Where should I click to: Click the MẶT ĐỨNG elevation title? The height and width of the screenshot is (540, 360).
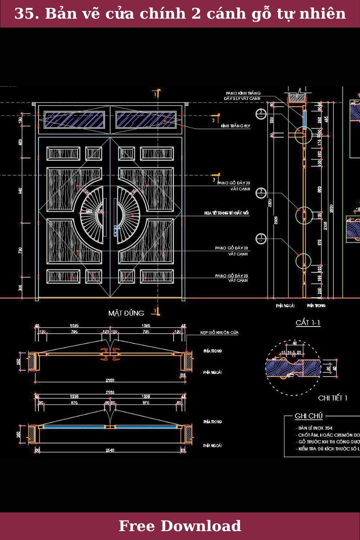126,313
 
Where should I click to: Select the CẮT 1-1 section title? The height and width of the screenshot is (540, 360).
308,323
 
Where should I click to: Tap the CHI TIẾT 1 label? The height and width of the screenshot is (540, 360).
332,398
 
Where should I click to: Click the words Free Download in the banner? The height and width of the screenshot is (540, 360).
180,526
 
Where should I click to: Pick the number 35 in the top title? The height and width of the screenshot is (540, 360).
24,14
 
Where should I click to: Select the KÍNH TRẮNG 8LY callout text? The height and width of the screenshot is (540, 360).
235,126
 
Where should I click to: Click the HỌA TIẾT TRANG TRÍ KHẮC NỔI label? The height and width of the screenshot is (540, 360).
227,213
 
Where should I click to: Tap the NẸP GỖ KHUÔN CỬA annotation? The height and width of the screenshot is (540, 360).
219,333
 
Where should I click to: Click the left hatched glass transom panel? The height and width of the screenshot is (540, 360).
74,120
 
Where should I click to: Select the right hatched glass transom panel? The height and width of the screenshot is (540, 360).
146,120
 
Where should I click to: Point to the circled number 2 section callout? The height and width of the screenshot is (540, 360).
261,113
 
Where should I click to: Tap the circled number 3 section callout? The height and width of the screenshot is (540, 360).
261,193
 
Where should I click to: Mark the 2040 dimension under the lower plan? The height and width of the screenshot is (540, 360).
110,450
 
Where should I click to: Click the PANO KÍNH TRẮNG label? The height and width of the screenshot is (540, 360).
243,93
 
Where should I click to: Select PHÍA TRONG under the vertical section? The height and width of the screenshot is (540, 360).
316,305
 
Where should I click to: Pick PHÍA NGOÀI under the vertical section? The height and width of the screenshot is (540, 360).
285,305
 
